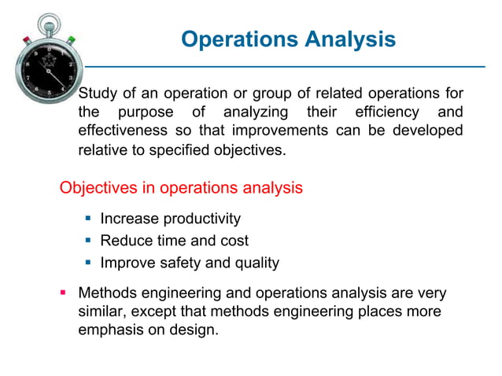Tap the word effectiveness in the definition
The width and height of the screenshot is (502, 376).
pyautogui.click(x=124, y=131)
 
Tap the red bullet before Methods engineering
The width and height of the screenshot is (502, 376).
pyautogui.click(x=66, y=294)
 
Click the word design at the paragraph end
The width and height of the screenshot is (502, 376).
pyautogui.click(x=194, y=330)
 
